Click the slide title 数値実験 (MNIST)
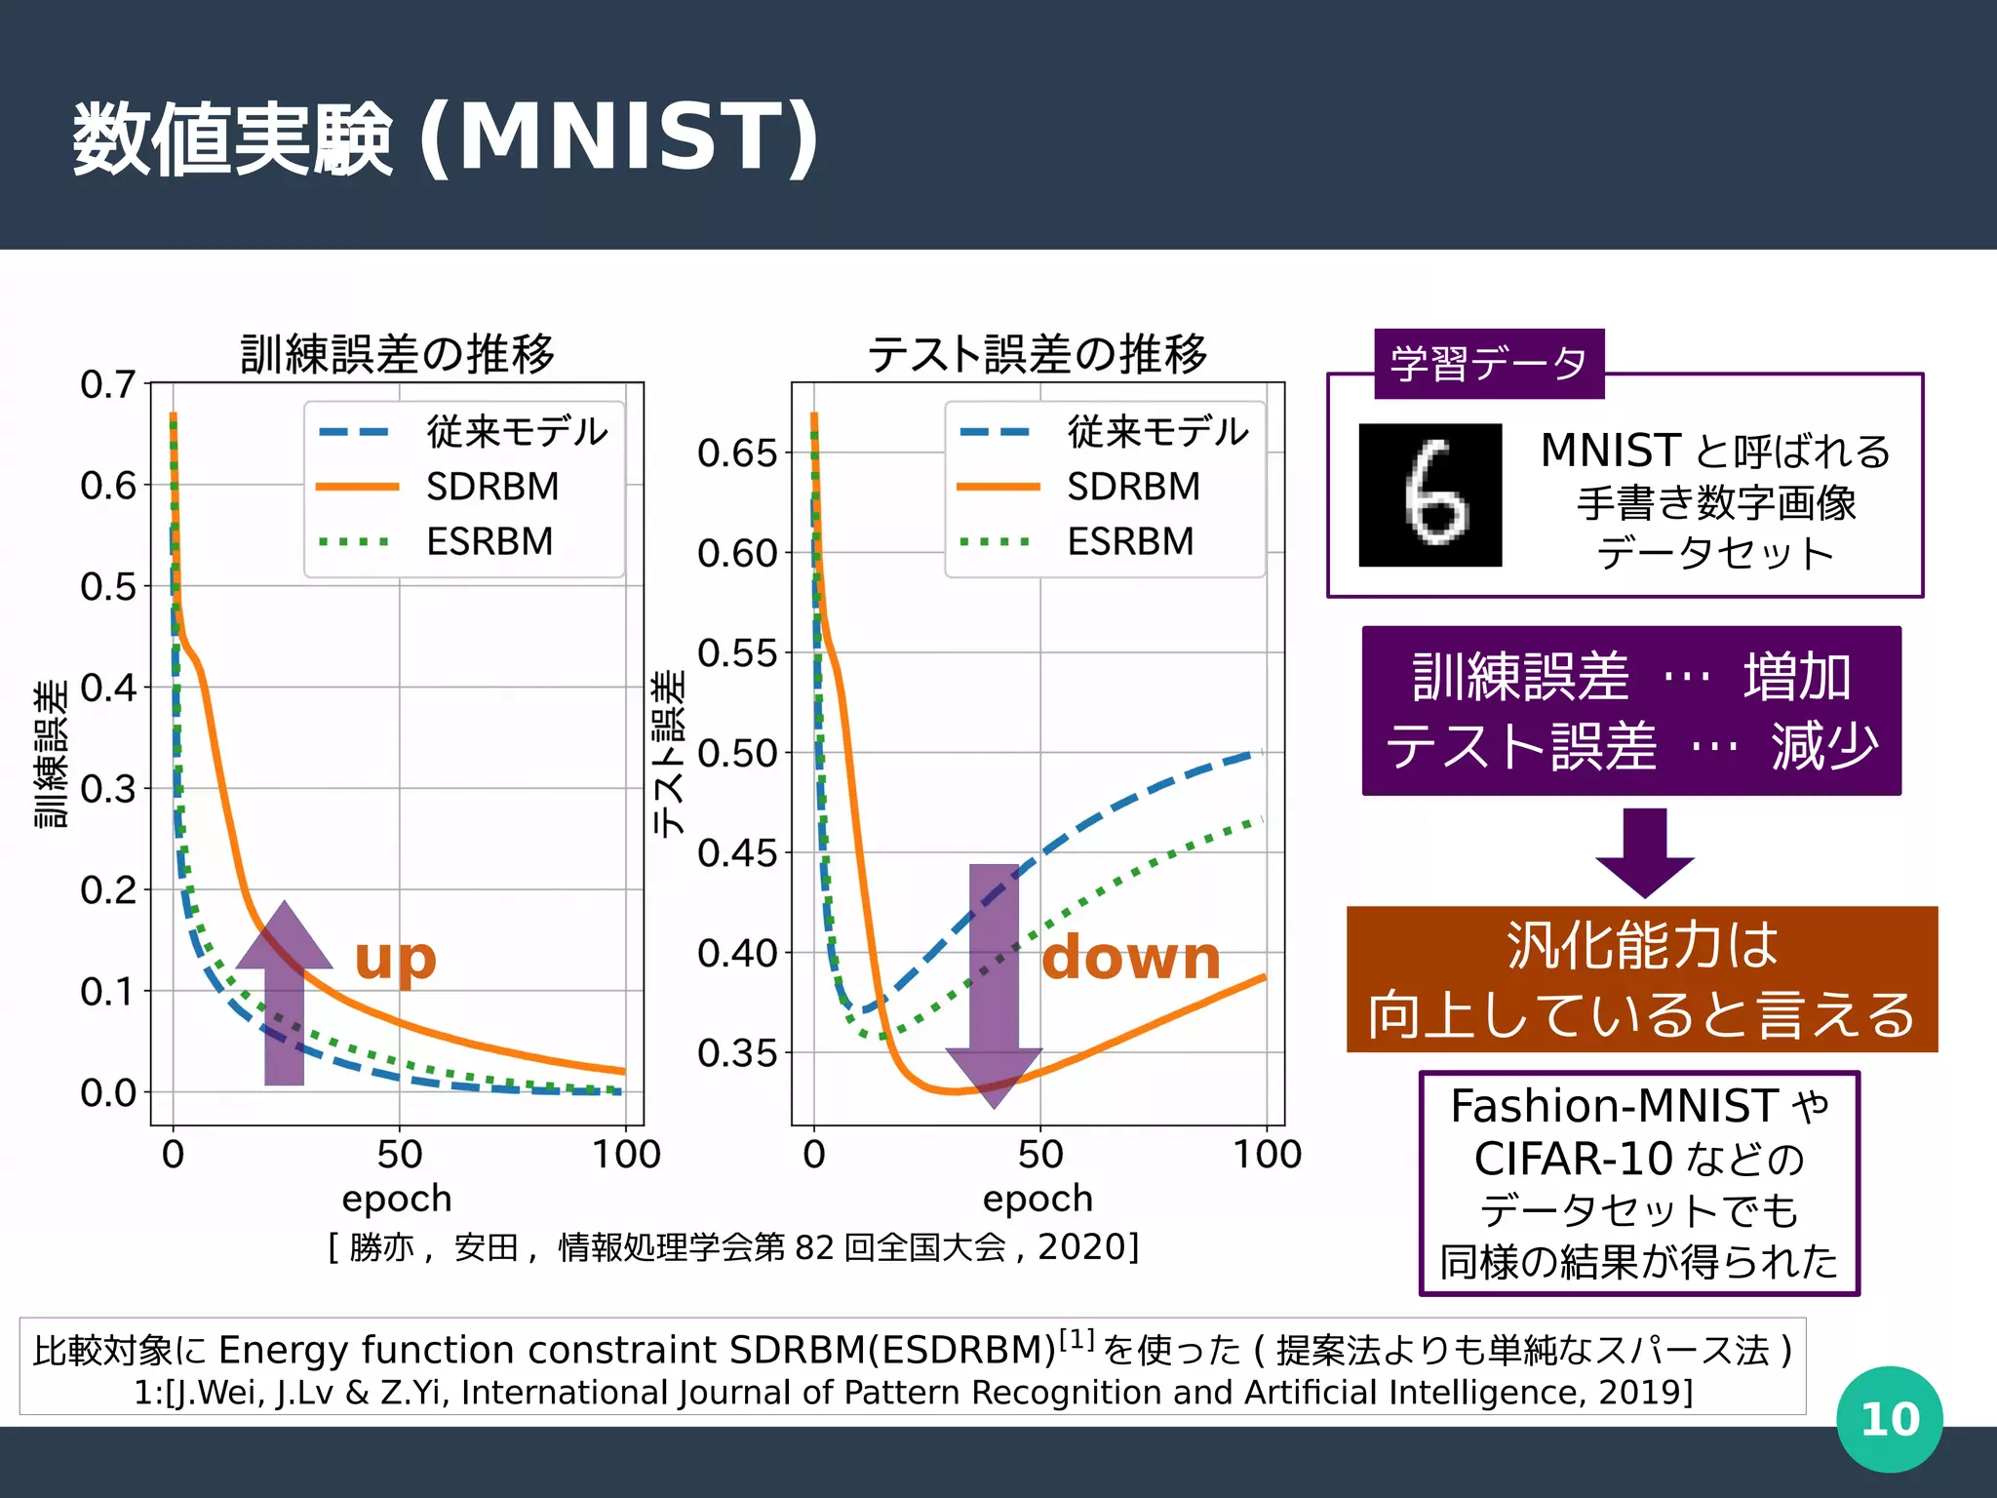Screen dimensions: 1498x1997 (446, 138)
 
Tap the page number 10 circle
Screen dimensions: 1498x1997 (1889, 1419)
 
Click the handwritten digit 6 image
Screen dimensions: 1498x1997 (1429, 494)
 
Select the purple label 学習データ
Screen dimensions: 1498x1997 (1488, 364)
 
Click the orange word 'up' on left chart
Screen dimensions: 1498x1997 (395, 959)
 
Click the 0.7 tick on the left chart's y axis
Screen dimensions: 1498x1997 (107, 384)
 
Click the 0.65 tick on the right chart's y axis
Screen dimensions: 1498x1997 (737, 453)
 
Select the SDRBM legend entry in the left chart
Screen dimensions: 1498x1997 (492, 486)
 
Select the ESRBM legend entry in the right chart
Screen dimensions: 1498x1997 (1129, 541)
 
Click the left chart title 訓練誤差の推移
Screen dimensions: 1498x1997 (397, 353)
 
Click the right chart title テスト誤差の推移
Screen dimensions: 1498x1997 (1038, 353)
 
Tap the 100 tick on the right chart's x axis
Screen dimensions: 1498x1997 (1267, 1155)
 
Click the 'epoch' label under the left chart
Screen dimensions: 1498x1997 (397, 1199)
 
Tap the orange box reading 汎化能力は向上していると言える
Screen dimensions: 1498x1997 (1641, 979)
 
